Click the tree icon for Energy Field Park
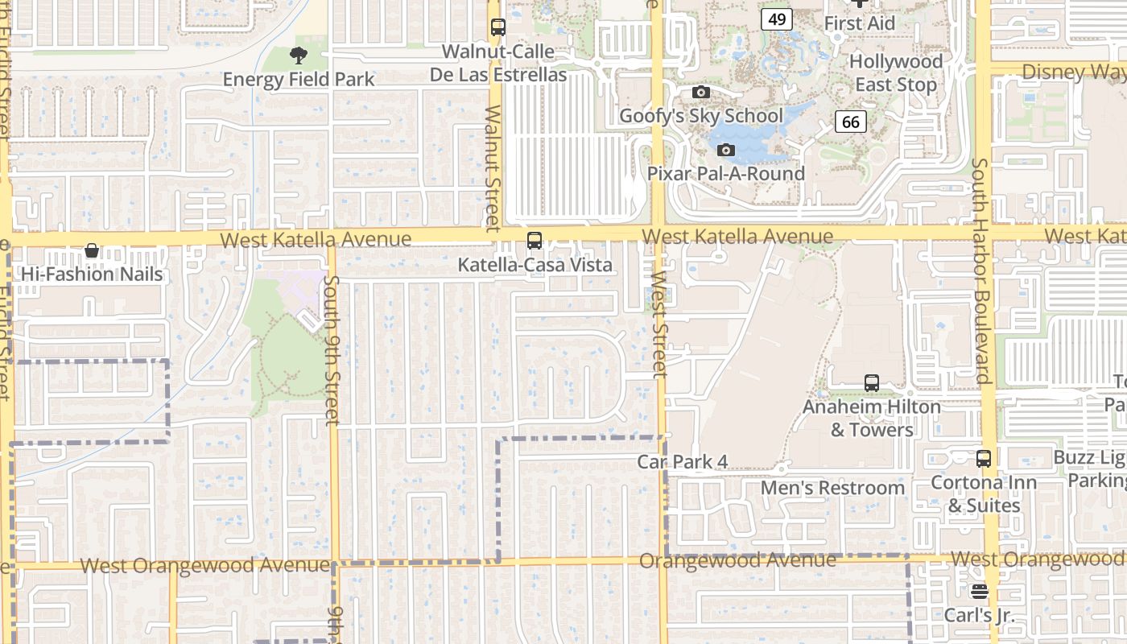point(299,56)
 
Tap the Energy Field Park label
point(299,80)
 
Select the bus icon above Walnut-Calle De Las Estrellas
point(498,27)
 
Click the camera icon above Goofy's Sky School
point(701,93)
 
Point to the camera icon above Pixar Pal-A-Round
point(726,151)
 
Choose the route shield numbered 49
point(777,20)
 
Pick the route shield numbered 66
point(851,122)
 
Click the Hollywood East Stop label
point(896,73)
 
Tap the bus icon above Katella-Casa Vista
point(535,241)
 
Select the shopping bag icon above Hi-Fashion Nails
point(92,250)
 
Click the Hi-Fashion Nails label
point(92,275)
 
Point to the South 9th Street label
point(332,350)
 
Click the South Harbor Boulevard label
point(980,270)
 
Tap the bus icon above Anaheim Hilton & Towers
point(872,383)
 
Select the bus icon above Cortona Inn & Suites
point(984,459)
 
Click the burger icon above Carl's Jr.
point(980,592)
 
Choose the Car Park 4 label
point(683,462)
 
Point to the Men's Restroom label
point(833,488)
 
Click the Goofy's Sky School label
point(700,116)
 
